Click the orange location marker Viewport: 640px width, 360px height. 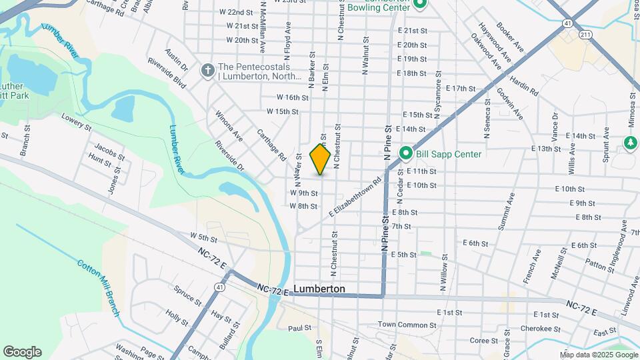coord(320,159)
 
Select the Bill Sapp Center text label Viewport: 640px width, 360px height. coord(448,154)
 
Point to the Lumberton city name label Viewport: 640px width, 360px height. coord(320,289)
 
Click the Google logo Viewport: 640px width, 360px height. coord(21,352)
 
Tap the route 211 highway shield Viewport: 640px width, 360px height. coord(585,33)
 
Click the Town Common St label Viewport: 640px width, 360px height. coord(407,325)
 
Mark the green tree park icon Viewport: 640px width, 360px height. coord(630,143)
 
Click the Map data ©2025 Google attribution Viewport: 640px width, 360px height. coord(599,354)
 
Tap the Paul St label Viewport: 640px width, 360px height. coord(299,328)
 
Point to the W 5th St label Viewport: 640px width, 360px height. coord(204,236)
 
